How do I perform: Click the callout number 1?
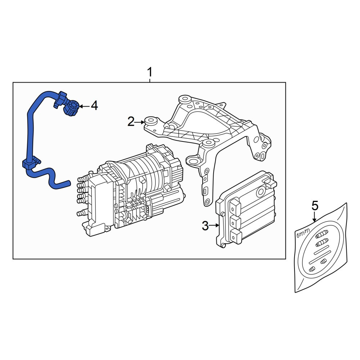[150, 72]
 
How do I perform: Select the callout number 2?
[131, 122]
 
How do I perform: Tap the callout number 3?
[205, 226]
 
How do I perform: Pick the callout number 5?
[315, 206]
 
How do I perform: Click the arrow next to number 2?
[140, 122]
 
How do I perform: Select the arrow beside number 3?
[214, 226]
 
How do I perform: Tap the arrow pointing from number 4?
[85, 106]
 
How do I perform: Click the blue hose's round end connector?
[72, 107]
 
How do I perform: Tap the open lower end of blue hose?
[68, 183]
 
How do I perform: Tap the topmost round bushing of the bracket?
[185, 99]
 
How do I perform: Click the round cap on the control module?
[261, 191]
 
